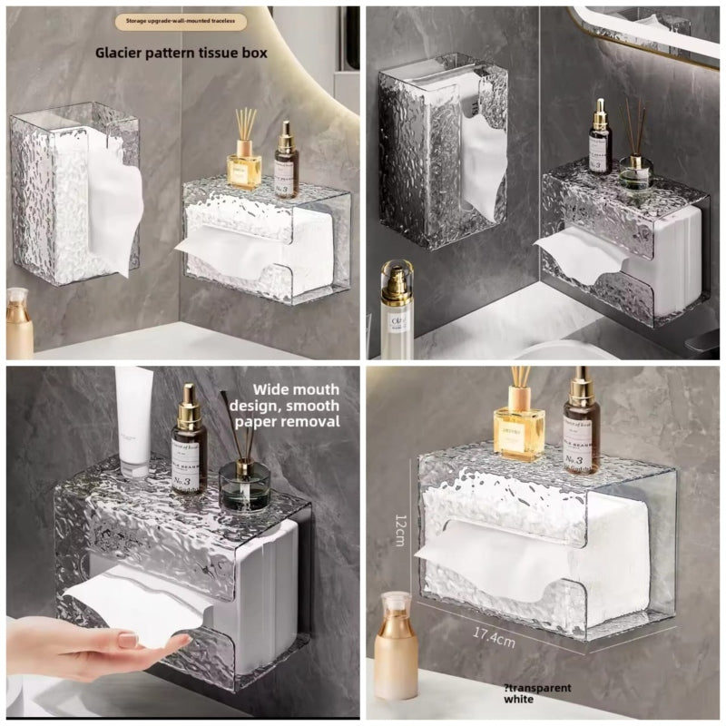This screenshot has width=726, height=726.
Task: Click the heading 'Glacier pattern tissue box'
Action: coord(181,53)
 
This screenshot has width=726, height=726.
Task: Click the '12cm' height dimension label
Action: coord(399,529)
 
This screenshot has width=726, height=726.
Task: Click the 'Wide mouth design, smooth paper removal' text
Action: coord(284,406)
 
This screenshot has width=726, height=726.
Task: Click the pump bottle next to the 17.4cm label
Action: coord(396,644)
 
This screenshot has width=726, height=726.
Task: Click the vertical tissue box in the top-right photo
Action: coord(442,150)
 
